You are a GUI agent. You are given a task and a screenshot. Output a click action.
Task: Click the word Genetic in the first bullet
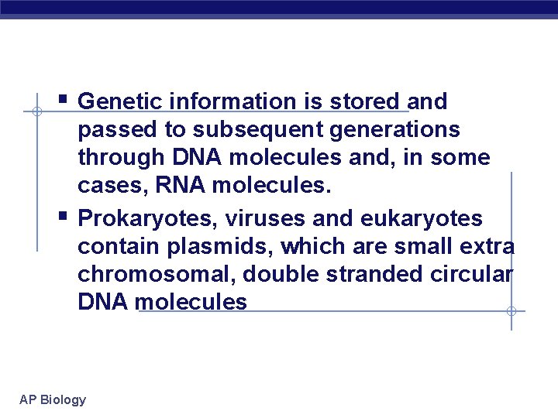(x=122, y=101)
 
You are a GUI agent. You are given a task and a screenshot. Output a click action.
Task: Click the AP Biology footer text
(x=53, y=399)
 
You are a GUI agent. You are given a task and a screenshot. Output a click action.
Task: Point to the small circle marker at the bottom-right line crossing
(x=511, y=311)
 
